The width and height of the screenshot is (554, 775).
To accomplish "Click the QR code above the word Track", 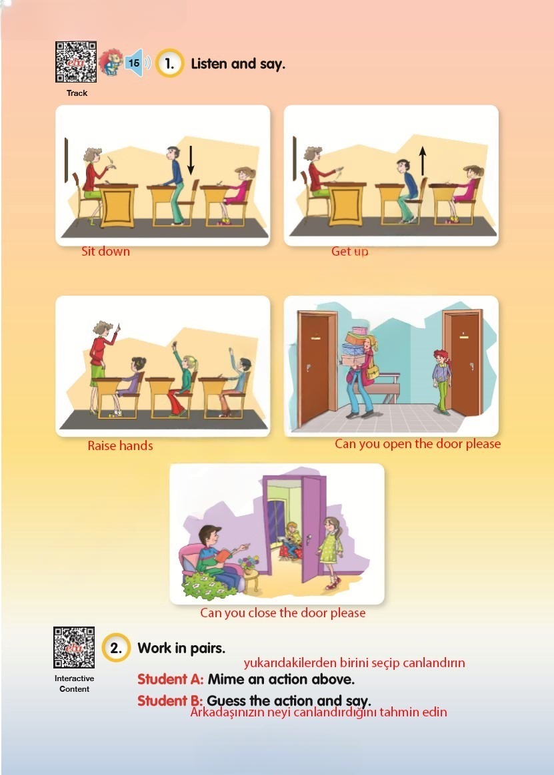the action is click(76, 62).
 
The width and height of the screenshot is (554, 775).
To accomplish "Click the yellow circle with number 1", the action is click(169, 63).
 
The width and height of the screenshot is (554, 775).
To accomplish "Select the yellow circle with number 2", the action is click(116, 647).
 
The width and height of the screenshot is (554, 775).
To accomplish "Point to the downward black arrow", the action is click(191, 160).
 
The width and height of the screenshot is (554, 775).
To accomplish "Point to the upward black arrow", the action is click(422, 160).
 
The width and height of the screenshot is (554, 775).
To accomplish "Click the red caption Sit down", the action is click(105, 251).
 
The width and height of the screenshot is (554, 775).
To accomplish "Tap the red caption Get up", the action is click(349, 251).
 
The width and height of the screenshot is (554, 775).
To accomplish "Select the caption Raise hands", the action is click(120, 445).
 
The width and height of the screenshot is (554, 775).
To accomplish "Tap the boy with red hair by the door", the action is click(441, 381).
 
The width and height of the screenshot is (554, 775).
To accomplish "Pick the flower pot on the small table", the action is click(249, 565).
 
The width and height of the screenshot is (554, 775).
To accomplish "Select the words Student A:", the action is click(170, 679).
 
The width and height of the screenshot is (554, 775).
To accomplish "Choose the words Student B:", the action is click(170, 700).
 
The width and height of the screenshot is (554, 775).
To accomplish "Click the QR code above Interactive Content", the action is click(74, 647).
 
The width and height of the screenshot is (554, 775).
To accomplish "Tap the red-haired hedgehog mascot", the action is click(111, 63).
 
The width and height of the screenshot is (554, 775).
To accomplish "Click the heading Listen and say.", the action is click(238, 64).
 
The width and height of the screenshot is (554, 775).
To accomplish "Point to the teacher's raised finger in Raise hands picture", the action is click(118, 327).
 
